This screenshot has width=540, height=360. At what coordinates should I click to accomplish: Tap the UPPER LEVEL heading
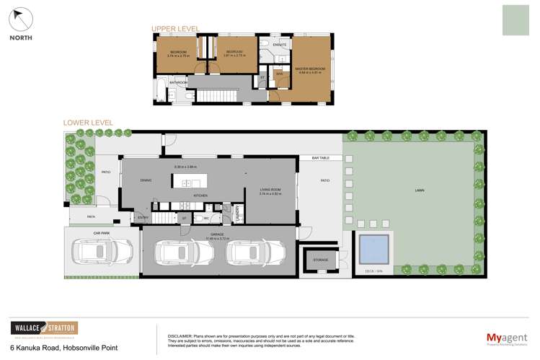(x=174, y=29)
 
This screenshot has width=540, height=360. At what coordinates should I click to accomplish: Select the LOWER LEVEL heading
(x=88, y=123)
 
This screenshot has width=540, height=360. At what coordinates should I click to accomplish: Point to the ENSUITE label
(x=280, y=45)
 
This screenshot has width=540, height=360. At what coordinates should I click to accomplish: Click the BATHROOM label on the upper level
(x=178, y=82)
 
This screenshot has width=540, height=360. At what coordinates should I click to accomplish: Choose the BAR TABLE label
(x=321, y=157)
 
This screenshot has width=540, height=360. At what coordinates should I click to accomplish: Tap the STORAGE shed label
(x=321, y=260)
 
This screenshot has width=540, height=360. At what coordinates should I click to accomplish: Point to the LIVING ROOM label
(x=270, y=190)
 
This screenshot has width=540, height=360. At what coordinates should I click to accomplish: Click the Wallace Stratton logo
(x=44, y=328)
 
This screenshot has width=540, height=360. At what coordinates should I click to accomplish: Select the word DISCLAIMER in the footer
(x=182, y=336)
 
